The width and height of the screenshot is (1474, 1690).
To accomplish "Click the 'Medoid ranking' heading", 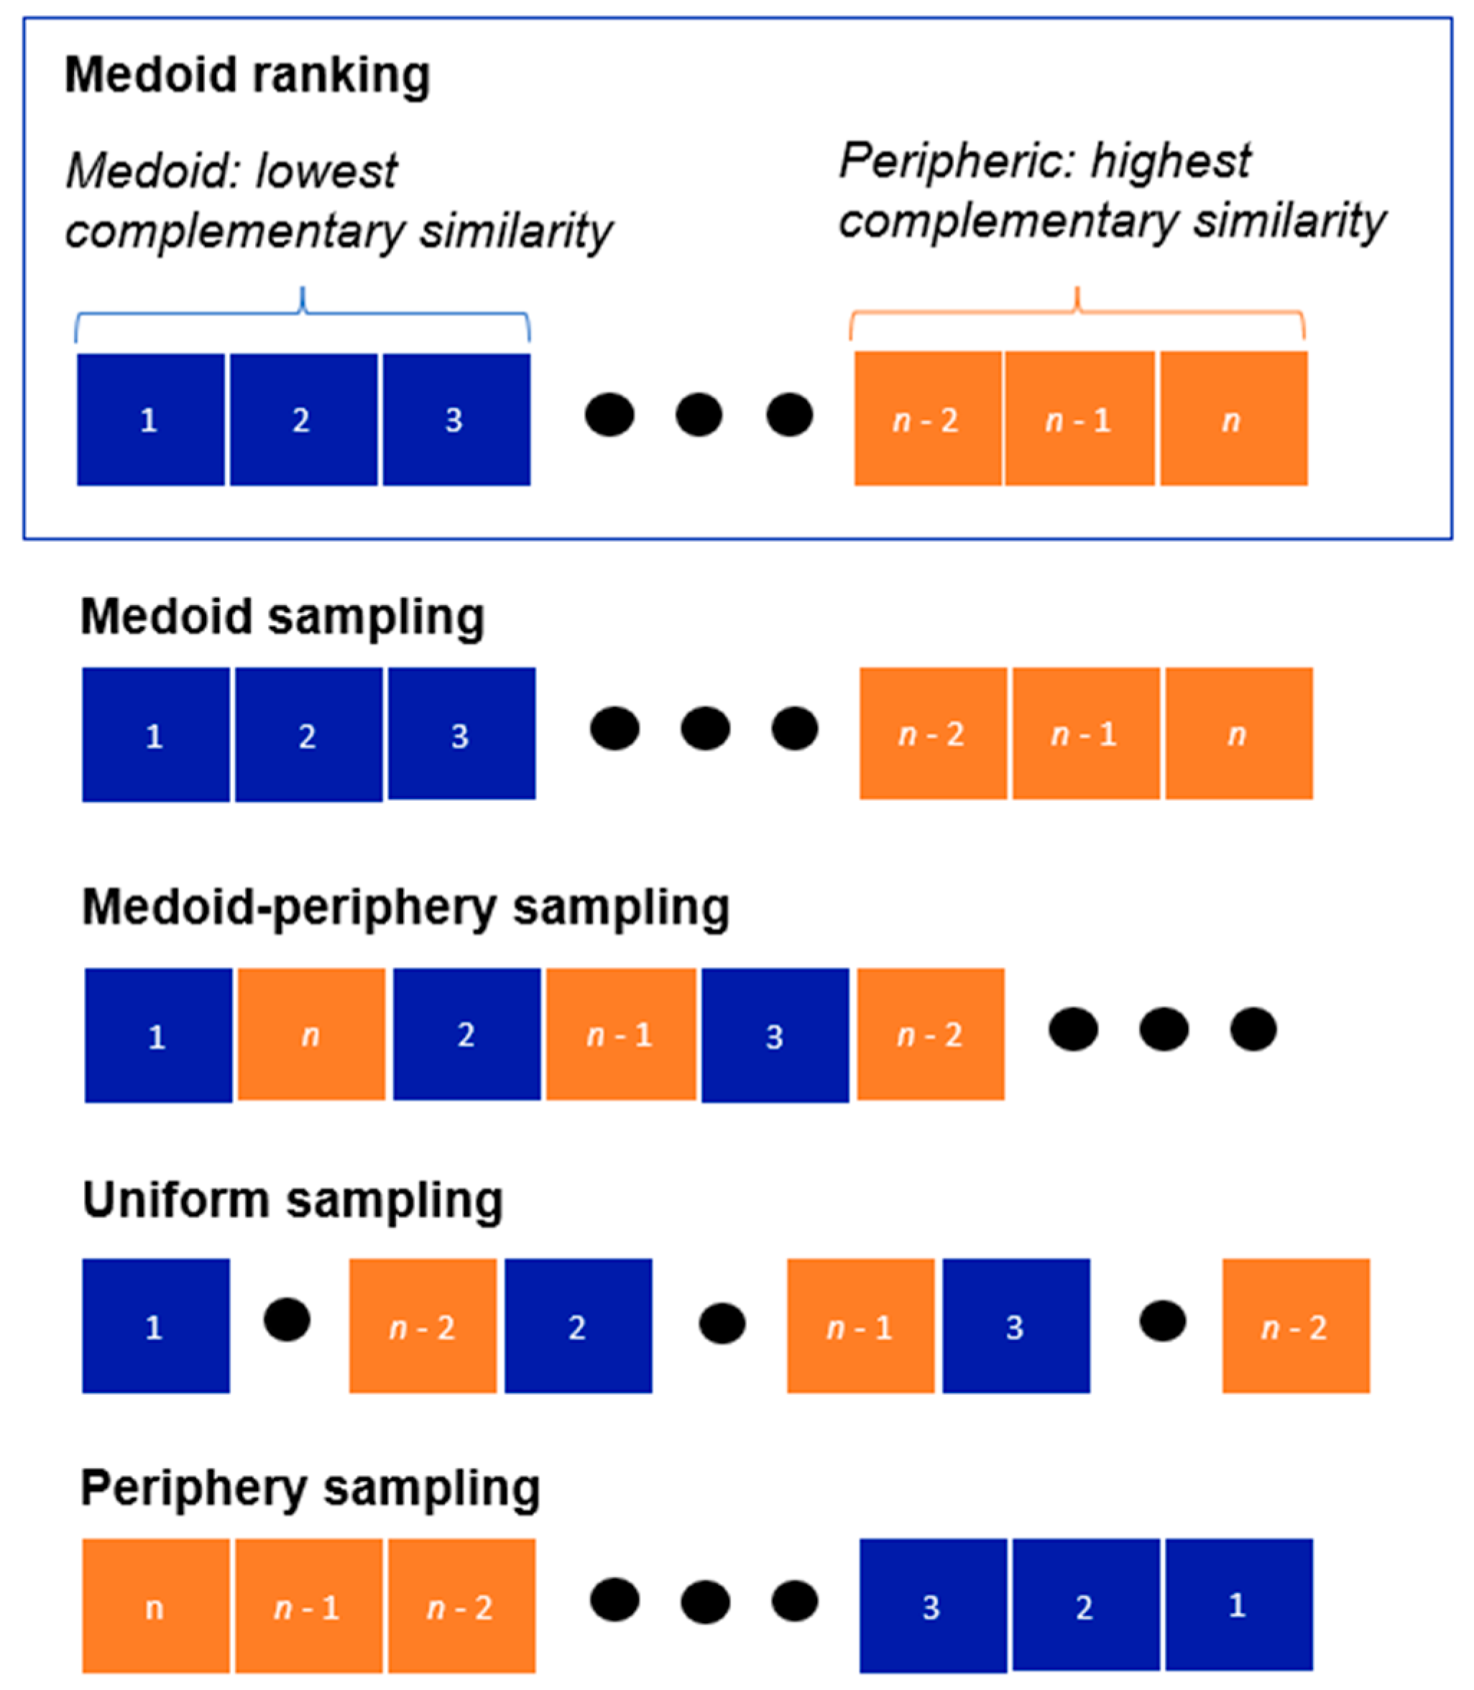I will pyautogui.click(x=247, y=75).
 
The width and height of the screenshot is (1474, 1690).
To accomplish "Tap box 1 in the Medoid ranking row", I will pyautogui.click(x=150, y=420).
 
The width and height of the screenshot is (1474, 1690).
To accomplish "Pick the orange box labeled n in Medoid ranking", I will pyautogui.click(x=1233, y=420).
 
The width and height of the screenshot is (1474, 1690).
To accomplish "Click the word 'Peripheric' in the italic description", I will pyautogui.click(x=954, y=160).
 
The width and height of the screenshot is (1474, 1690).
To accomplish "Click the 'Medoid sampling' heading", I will pyautogui.click(x=282, y=617).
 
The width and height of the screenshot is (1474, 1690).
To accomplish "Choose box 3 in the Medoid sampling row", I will pyautogui.click(x=461, y=734).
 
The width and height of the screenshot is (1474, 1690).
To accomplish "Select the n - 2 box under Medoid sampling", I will pyautogui.click(x=933, y=734).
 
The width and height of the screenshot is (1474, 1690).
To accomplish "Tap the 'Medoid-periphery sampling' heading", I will pyautogui.click(x=405, y=908).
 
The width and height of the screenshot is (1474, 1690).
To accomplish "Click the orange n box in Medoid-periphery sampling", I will pyautogui.click(x=311, y=1035).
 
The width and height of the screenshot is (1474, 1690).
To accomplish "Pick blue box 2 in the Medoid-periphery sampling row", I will pyautogui.click(x=466, y=1035).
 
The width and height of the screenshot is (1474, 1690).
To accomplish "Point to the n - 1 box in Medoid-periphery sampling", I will pyautogui.click(x=621, y=1035).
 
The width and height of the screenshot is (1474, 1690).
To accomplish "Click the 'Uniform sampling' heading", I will pyautogui.click(x=293, y=1200).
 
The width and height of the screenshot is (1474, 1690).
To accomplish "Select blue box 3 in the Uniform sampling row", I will pyautogui.click(x=1015, y=1326).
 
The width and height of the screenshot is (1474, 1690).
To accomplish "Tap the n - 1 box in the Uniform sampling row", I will pyautogui.click(x=860, y=1326).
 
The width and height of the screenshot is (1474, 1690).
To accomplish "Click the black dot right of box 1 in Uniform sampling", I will pyautogui.click(x=287, y=1320).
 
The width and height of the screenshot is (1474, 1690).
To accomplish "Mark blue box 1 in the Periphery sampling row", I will pyautogui.click(x=1239, y=1604).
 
